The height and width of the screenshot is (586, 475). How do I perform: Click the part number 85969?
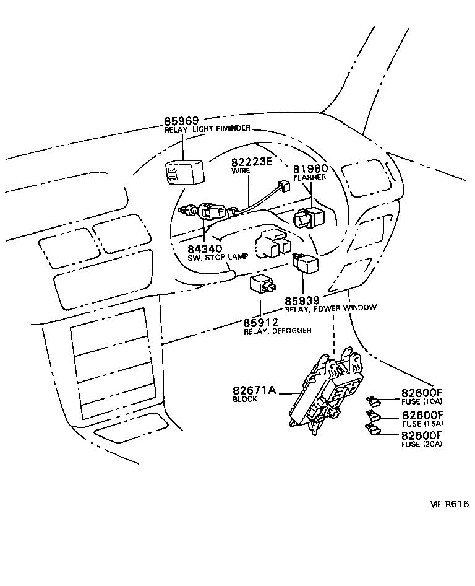(184, 121)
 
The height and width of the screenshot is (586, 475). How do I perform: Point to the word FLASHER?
(309, 177)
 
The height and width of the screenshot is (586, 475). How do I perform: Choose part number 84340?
(205, 249)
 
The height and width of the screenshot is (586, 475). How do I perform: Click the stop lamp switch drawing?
(207, 212)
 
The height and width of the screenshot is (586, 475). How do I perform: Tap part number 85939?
(302, 300)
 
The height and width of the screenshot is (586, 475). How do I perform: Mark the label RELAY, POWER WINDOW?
(330, 308)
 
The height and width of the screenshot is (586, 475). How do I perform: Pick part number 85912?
(261, 323)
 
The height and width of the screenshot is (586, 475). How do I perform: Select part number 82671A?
(254, 391)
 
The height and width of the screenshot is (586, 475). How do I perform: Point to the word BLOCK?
(245, 400)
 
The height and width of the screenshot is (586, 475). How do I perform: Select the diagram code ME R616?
(449, 504)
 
